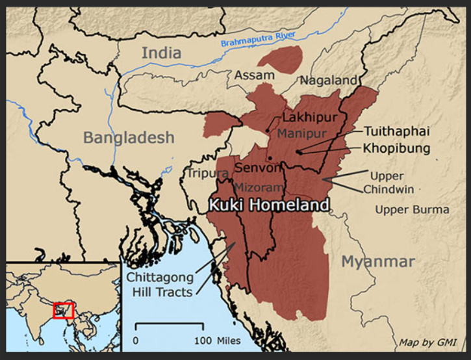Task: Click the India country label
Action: coord(162,53)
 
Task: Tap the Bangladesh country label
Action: coord(129,138)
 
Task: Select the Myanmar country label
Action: coord(378,261)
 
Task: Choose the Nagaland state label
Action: coord(328,81)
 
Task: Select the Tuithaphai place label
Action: coord(397,131)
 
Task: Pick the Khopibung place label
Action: coord(396,148)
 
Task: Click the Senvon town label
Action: coord(259,168)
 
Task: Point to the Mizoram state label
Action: coord(259,187)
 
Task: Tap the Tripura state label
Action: coord(208,174)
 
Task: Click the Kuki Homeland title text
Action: coord(268,205)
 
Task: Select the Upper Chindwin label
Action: coord(387,183)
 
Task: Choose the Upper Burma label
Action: coord(412,210)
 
